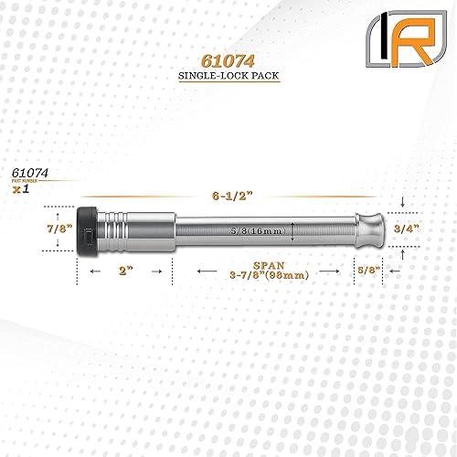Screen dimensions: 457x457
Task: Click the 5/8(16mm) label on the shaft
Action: (x=255, y=229)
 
